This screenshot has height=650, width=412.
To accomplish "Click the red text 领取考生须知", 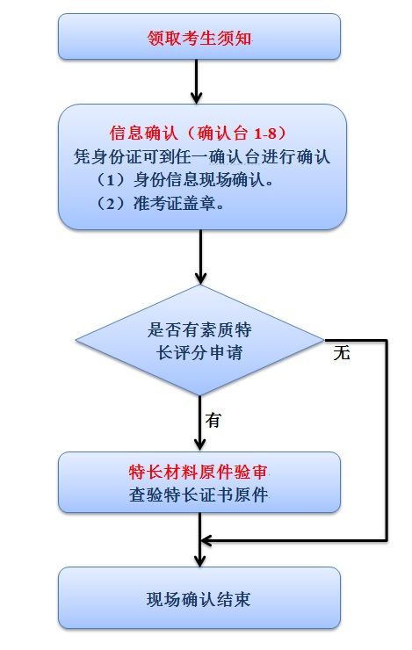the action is point(199,38).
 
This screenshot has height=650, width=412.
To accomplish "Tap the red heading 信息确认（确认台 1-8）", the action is point(199,133).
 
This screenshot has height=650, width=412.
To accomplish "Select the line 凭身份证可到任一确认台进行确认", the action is point(202,156).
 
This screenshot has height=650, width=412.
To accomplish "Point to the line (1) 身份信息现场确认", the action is point(184,180).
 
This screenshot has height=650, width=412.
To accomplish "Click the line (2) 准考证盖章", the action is point(160,203).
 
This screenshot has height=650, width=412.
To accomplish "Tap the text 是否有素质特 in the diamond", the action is point(199,330).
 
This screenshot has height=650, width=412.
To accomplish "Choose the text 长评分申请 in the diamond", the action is point(199,353).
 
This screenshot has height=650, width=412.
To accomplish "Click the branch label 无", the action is point(342,353).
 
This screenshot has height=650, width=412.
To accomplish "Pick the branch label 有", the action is point(213,420).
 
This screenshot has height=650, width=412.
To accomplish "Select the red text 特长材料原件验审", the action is point(199,473).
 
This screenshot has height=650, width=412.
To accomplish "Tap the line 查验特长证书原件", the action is point(199,495).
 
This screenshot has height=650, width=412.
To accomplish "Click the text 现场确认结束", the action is point(199,599).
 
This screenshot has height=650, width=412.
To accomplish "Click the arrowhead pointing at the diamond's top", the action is point(200,278).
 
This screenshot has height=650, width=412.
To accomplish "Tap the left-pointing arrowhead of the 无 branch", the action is point(206,540).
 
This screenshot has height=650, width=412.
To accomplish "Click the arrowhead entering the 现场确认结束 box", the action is point(199,560).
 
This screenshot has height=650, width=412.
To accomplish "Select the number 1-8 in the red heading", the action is point(264,134).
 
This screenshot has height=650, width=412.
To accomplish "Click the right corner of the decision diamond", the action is point(324,341).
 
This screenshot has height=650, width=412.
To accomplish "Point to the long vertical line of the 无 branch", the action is point(387,441).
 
